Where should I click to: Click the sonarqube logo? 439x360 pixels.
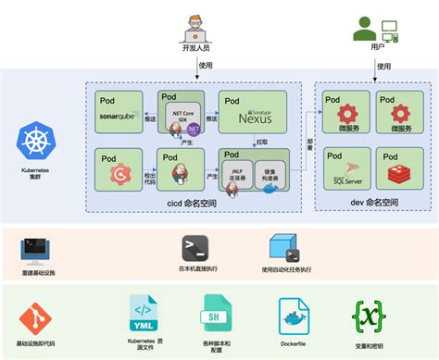119,117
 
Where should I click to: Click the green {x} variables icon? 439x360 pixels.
370,316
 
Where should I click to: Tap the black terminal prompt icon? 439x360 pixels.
194,247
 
